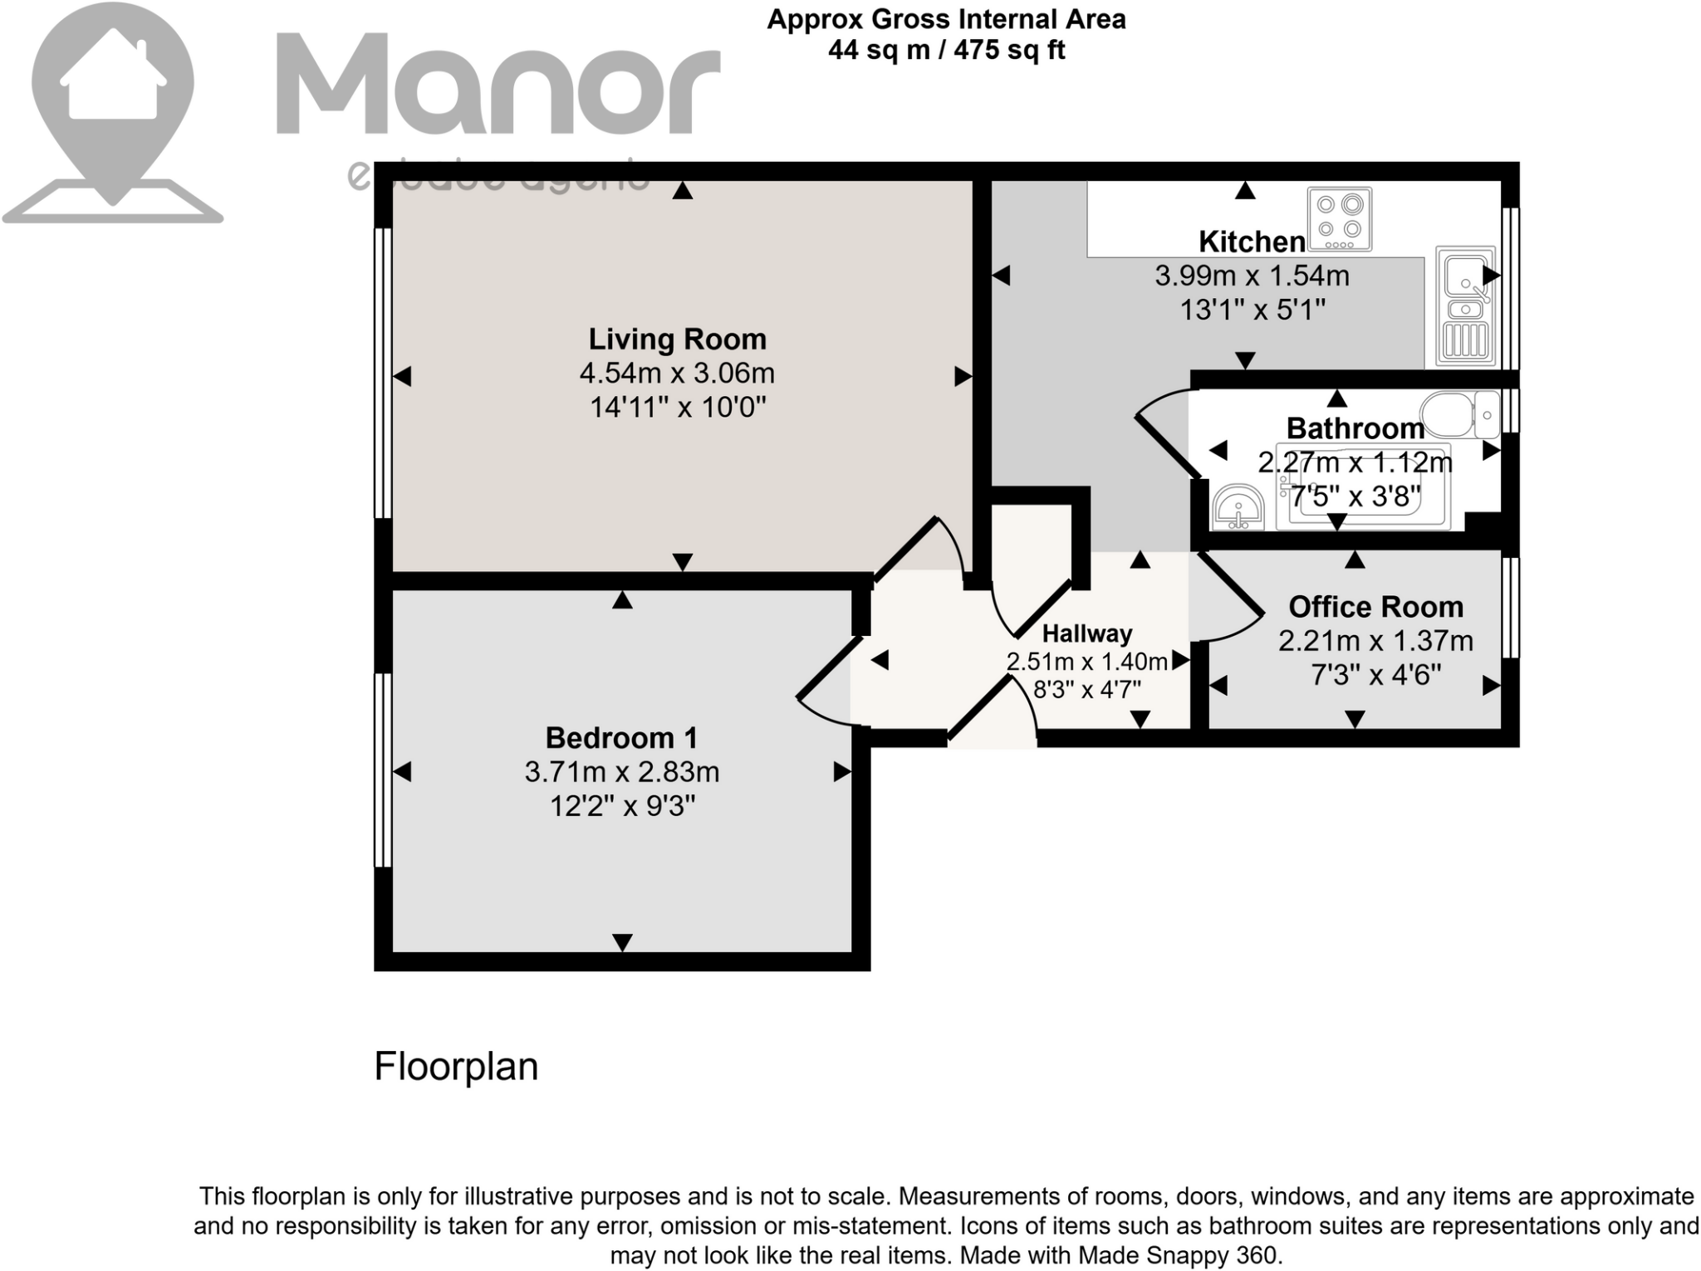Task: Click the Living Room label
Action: (x=677, y=339)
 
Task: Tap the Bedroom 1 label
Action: (x=621, y=737)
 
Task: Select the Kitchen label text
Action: (x=1252, y=242)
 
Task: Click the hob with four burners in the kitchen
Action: (x=1339, y=219)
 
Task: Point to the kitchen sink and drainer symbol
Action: (x=1465, y=306)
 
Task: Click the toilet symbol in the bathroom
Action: (x=1458, y=413)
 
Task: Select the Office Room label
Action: (x=1375, y=607)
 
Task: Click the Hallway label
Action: (x=1086, y=633)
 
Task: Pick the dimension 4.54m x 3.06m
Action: (x=677, y=374)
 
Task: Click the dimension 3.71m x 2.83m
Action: (x=621, y=772)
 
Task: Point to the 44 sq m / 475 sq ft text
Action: (x=946, y=51)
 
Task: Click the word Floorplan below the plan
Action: (x=456, y=1067)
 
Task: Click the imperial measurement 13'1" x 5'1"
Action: (x=1252, y=310)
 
